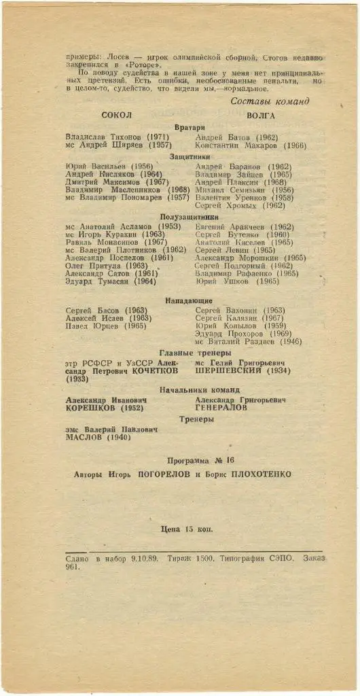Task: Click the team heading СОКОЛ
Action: click(117, 116)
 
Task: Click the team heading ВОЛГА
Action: click(261, 116)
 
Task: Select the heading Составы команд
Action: click(270, 102)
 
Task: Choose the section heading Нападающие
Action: click(189, 300)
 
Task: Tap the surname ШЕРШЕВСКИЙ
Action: click(230, 372)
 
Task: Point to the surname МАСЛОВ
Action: click(86, 438)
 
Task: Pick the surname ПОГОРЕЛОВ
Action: click(163, 474)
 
